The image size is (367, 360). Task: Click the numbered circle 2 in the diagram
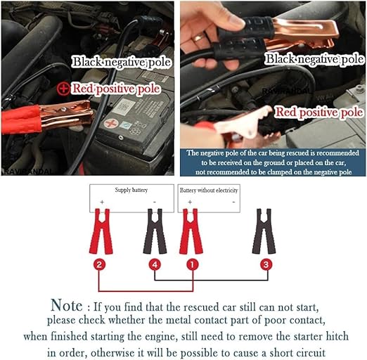pyautogui.click(x=99, y=264)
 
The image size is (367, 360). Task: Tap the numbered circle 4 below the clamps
pyautogui.click(x=155, y=264)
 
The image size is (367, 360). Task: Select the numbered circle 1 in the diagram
pyautogui.click(x=192, y=264)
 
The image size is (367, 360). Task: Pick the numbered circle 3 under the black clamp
pyautogui.click(x=266, y=264)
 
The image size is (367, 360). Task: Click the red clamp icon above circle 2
pyautogui.click(x=101, y=231)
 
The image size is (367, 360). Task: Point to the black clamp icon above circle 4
pyautogui.click(x=155, y=231)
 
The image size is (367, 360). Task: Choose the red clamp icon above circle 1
pyautogui.click(x=191, y=231)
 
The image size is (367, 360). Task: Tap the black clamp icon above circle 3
pyautogui.click(x=264, y=231)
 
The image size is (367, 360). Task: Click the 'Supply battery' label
pyautogui.click(x=131, y=190)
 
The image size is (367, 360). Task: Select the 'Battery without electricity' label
pyautogui.click(x=209, y=190)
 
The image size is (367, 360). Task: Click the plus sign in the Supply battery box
pyautogui.click(x=102, y=202)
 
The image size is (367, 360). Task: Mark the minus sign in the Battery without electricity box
pyautogui.click(x=233, y=202)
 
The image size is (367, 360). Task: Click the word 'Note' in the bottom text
pyautogui.click(x=67, y=305)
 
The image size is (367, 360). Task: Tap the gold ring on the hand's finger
pyautogui.click(x=198, y=37)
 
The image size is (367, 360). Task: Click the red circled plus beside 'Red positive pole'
pyautogui.click(x=63, y=89)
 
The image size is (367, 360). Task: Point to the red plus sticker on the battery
pyautogui.click(x=111, y=123)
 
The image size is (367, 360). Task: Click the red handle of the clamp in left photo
pyautogui.click(x=21, y=120)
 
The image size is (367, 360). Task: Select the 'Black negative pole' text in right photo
pyautogui.click(x=315, y=59)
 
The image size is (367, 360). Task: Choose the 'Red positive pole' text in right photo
pyautogui.click(x=318, y=112)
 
